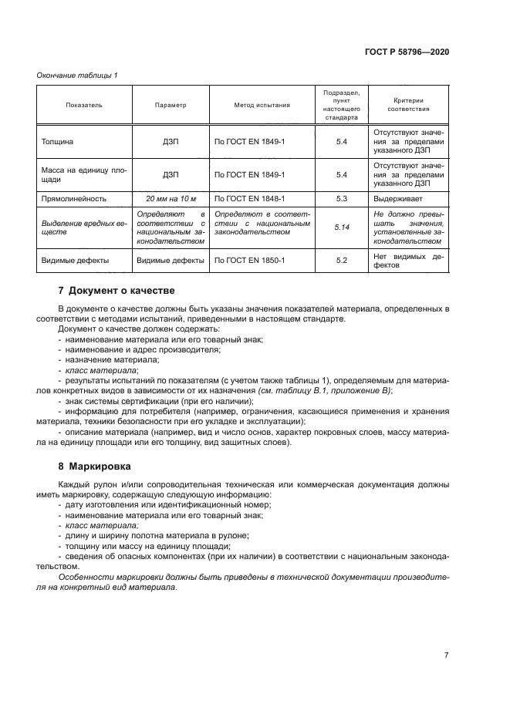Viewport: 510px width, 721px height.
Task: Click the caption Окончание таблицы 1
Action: (77, 75)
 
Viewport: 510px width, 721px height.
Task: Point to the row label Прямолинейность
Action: (73, 198)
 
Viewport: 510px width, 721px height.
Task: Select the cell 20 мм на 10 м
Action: (171, 198)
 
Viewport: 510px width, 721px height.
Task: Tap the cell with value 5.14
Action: (343, 227)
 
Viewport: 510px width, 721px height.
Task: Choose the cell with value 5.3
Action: (343, 198)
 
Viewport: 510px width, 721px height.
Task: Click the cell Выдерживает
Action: (398, 198)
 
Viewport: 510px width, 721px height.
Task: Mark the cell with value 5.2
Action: (343, 261)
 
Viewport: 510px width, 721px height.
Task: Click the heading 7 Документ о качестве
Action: (117, 291)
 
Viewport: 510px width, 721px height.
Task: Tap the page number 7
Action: (446, 655)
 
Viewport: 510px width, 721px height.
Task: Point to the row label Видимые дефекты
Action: (75, 261)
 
